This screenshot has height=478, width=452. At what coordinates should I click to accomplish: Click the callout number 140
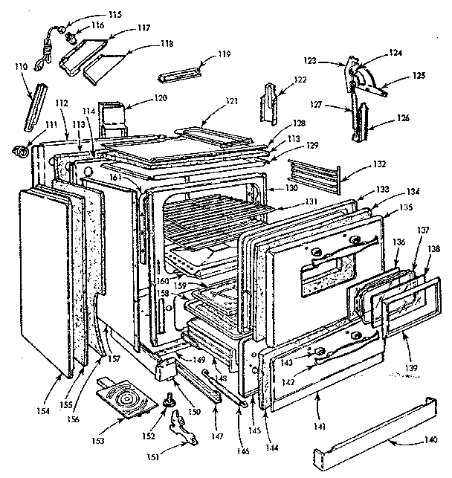pyautogui.click(x=430, y=440)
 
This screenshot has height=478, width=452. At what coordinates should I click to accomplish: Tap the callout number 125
pyautogui.click(x=419, y=76)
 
